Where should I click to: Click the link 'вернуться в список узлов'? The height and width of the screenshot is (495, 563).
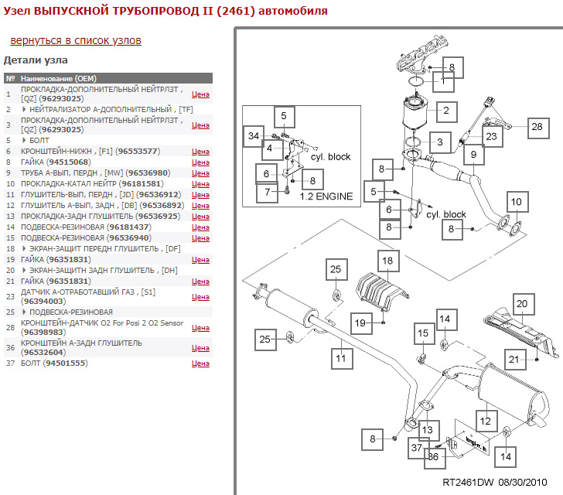point(76,40)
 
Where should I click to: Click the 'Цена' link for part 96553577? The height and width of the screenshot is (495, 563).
point(200,152)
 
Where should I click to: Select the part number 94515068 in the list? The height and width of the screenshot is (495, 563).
point(68,162)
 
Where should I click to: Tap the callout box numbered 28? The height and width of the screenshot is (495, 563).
point(537,126)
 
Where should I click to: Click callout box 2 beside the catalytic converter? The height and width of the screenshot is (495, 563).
point(445,111)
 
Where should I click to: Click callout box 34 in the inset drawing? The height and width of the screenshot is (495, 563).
point(252,137)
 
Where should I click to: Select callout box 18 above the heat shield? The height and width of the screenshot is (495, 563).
point(387,261)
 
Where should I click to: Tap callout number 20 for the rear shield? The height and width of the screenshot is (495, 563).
point(521,305)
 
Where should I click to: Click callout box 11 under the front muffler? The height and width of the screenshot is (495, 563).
point(340,358)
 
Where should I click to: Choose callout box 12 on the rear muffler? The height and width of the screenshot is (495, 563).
point(485,422)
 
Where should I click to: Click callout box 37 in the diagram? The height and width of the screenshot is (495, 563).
point(416,448)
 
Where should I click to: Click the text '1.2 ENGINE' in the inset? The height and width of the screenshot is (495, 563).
point(326,196)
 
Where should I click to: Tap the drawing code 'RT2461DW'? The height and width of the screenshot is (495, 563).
point(468,481)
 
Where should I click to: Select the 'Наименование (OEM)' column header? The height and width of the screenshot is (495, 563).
point(59,78)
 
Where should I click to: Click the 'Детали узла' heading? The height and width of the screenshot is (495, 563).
point(36,60)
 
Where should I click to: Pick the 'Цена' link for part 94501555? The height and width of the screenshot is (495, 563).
point(200,363)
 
